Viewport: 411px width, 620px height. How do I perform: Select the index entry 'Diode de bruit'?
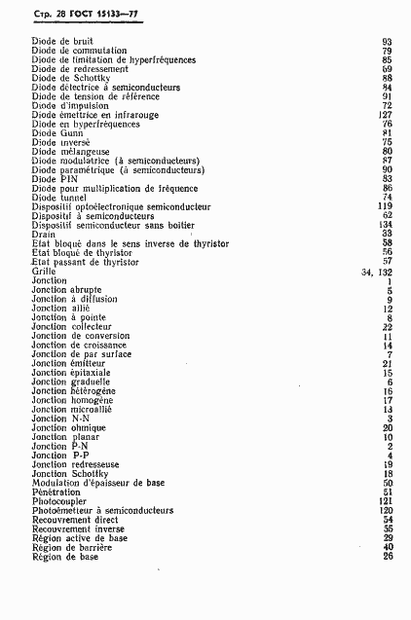[61, 42]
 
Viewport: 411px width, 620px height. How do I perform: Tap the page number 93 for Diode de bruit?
[387, 42]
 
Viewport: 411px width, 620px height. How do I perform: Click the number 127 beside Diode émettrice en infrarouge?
[385, 115]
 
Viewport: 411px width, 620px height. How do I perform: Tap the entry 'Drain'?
[43, 234]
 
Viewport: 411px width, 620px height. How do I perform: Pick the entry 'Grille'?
[44, 272]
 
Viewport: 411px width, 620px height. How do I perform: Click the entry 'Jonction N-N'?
[60, 419]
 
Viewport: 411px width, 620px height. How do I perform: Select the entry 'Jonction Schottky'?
[68, 473]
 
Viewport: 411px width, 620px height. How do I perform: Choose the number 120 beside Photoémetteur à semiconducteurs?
[385, 510]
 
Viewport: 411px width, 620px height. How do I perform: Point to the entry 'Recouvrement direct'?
[74, 520]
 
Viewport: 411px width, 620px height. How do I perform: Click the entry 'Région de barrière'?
[71, 547]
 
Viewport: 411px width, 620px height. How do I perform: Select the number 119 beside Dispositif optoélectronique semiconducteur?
[385, 206]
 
